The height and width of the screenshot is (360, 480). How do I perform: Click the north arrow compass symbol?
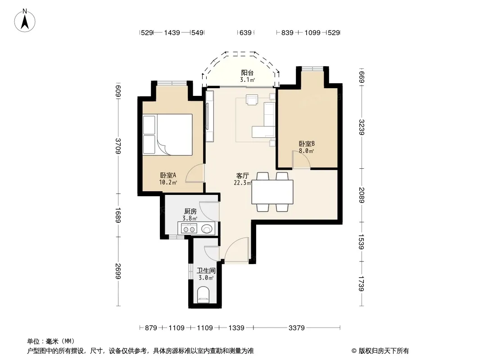[x=25, y=21]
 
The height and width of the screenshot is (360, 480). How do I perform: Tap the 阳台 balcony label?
[x=247, y=73]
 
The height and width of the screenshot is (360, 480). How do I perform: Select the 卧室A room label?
[x=168, y=175]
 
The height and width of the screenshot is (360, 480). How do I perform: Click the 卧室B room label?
[x=307, y=144]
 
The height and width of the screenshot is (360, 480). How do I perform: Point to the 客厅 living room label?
[x=242, y=176]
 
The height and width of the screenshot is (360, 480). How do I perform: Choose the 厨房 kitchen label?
[x=190, y=211]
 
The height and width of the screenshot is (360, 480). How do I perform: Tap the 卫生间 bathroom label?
[x=206, y=271]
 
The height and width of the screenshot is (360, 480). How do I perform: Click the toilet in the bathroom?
[x=203, y=294]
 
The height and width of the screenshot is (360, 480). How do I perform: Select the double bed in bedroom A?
[x=168, y=135]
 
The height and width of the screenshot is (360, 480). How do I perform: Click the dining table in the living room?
[x=272, y=192]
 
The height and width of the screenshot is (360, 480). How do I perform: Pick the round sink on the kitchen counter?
[x=207, y=229]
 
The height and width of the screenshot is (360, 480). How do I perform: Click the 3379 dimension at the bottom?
[x=297, y=328]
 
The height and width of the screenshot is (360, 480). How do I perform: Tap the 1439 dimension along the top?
[x=172, y=33]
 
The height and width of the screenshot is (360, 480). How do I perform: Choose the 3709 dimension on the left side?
[x=118, y=146]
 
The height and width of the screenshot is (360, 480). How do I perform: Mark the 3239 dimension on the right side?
[x=362, y=127]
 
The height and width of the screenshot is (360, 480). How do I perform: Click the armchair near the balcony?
[x=252, y=100]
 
